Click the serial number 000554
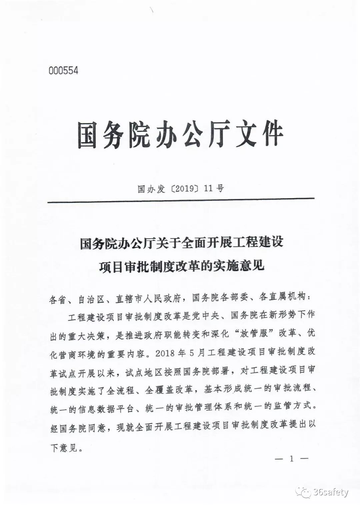click(x=63, y=71)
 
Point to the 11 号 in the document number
click(x=214, y=189)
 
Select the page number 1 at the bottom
click(x=292, y=459)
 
